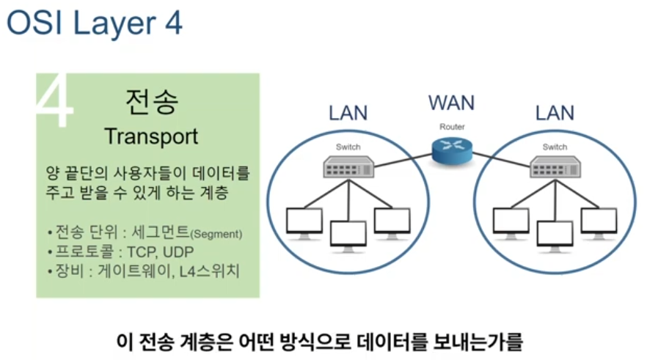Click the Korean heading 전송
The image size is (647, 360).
pyautogui.click(x=151, y=102)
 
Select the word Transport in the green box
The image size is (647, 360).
pyautogui.click(x=151, y=136)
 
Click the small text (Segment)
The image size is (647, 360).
pyautogui.click(x=216, y=235)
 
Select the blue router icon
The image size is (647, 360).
pyautogui.click(x=452, y=150)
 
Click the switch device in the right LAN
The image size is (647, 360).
pyautogui.click(x=555, y=169)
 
